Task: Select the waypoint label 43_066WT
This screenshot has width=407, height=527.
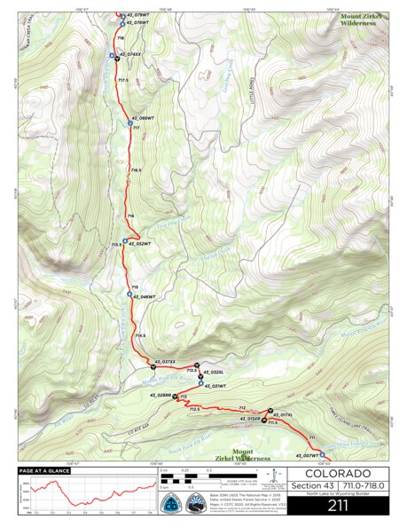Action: click(x=143, y=118)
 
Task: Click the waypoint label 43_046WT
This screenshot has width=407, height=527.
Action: click(x=143, y=296)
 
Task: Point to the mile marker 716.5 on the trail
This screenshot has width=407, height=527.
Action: click(x=136, y=170)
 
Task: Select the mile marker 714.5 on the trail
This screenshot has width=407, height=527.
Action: click(x=139, y=335)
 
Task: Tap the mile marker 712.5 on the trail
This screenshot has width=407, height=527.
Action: click(x=195, y=409)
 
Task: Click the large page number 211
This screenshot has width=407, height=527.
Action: click(x=337, y=507)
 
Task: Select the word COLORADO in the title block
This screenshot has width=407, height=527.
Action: click(x=337, y=474)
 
